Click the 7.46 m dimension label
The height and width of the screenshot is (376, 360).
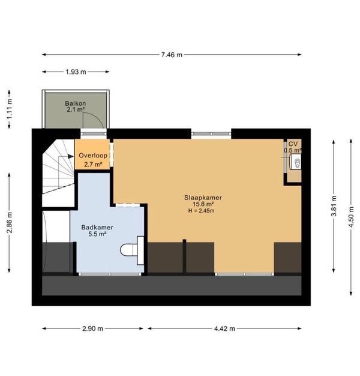(x=172, y=55)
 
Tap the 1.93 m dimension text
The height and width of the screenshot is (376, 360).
(x=76, y=72)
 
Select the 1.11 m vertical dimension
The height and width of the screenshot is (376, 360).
(x=10, y=109)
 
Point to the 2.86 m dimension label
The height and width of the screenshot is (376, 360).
(x=10, y=222)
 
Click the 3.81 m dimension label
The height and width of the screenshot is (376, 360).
(x=334, y=206)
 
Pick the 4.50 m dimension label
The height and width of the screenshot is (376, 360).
(x=351, y=217)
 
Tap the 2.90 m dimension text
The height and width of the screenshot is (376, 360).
(x=92, y=329)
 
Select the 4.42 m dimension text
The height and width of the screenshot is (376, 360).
(x=224, y=329)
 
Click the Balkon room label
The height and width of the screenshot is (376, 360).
(x=76, y=103)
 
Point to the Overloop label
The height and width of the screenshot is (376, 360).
(x=93, y=156)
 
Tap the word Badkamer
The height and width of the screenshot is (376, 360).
(x=97, y=227)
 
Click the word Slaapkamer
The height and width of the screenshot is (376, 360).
(x=203, y=198)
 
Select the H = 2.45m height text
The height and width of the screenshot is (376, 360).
(x=201, y=211)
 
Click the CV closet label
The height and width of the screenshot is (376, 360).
(x=293, y=144)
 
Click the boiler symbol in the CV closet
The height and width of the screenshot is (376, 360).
(x=296, y=162)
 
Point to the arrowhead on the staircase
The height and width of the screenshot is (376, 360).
(x=71, y=157)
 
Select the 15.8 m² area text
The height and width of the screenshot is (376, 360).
(x=203, y=205)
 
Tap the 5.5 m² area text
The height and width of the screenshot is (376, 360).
(x=97, y=234)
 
